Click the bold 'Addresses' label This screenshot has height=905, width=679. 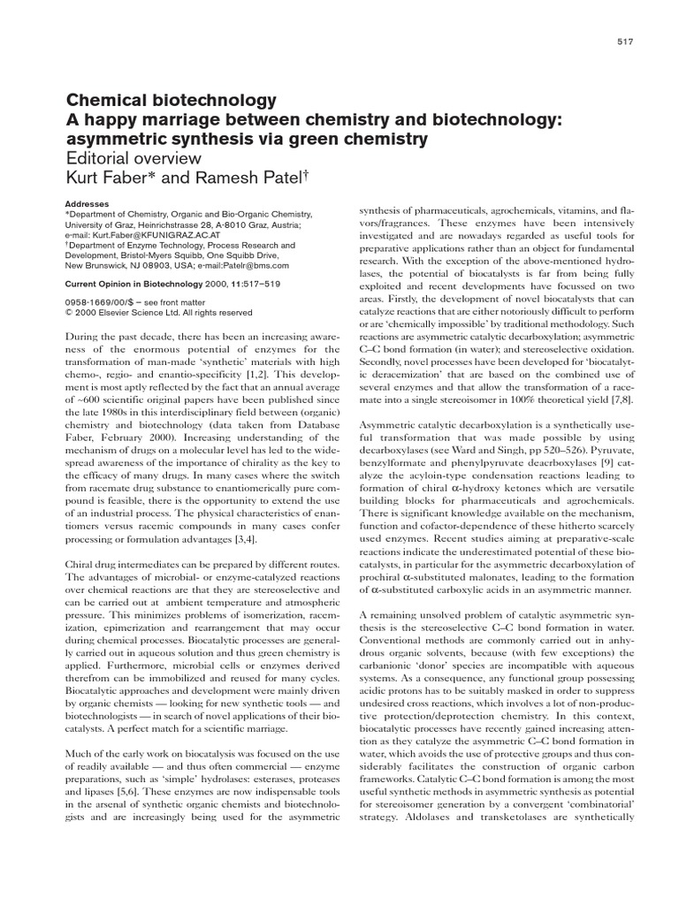tap(88, 202)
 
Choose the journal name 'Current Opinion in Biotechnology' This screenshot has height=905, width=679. tap(138, 285)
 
